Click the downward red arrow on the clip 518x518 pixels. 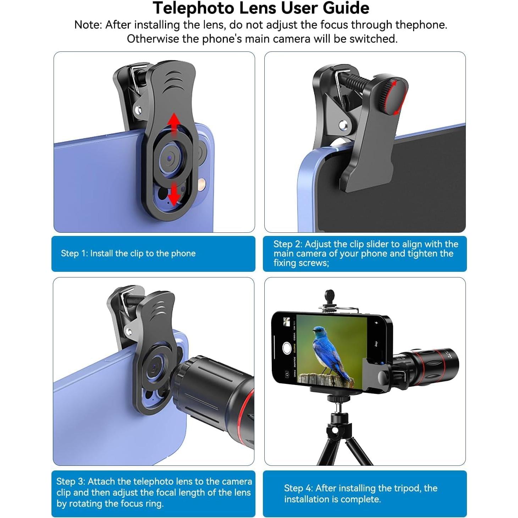[x=173, y=194]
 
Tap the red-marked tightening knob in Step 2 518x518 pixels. [x=392, y=96]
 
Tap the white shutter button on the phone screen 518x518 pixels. [x=287, y=348]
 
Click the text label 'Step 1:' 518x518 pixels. [x=74, y=253]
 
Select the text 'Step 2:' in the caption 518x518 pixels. [x=287, y=244]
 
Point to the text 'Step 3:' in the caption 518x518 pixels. [x=71, y=481]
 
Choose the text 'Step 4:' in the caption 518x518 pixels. [x=298, y=488]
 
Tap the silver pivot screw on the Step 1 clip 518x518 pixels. [x=138, y=110]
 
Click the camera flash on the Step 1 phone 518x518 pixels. [x=202, y=183]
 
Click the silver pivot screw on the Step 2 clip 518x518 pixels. [x=342, y=125]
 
